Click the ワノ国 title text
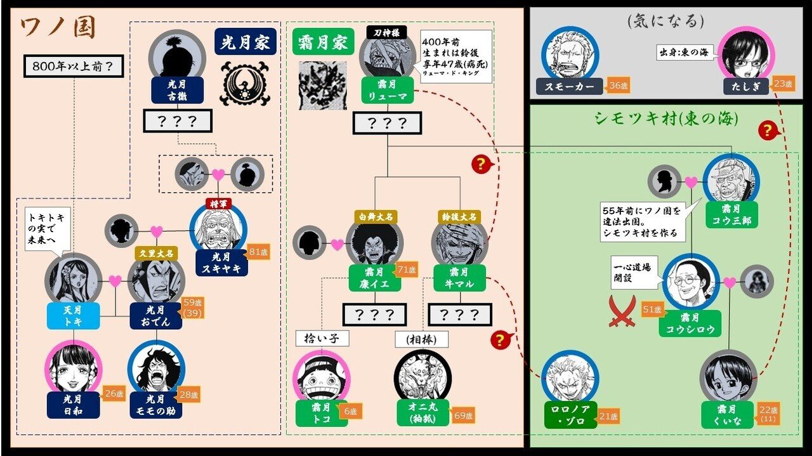pos(58,28)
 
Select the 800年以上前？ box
pos(73,65)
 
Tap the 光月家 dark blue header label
pos(246,42)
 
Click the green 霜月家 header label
pos(322,42)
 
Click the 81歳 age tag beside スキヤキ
pos(259,252)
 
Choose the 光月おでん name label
pos(155,315)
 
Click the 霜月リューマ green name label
pos(388,91)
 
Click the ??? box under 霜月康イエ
pos(374,314)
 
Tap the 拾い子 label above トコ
pos(322,338)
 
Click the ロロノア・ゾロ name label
pos(570,415)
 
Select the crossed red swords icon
pos(622,312)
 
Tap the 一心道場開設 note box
pos(635,271)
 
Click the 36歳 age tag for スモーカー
pos(617,84)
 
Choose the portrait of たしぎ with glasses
pos(747,53)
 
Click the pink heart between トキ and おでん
pos(115,281)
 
